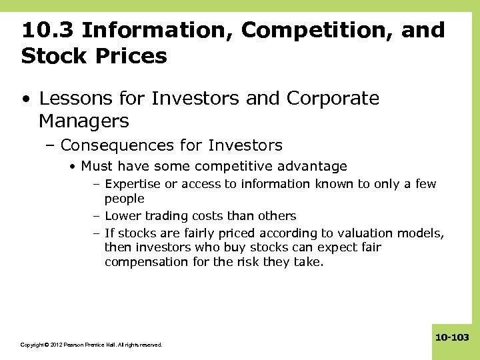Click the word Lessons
(74, 99)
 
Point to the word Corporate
(333, 99)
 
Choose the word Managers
(84, 121)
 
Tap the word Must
(95, 166)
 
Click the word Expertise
(133, 184)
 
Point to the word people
(124, 199)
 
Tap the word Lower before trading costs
(122, 216)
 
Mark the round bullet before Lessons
(25, 99)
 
